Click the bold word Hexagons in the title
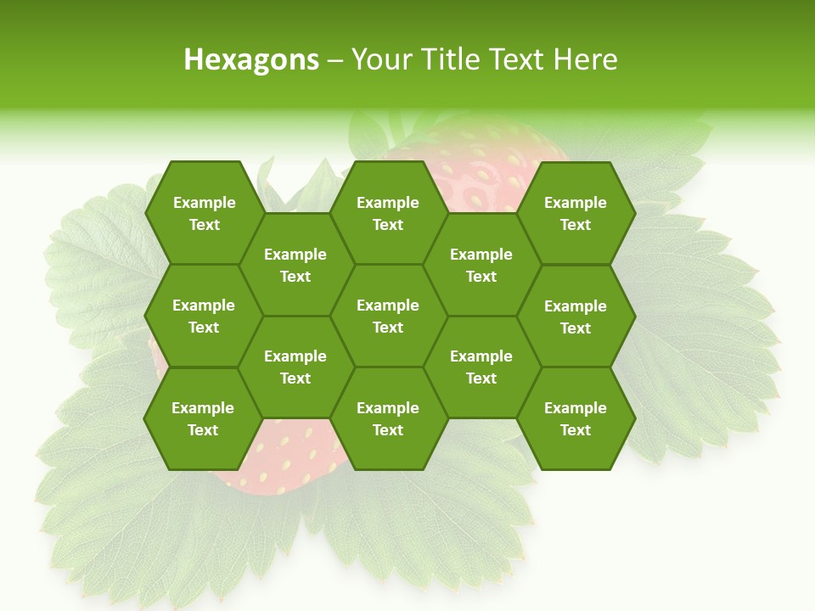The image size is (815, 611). [x=251, y=59]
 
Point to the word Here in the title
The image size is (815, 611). [x=586, y=59]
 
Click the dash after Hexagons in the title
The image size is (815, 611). [x=334, y=59]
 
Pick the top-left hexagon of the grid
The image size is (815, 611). [x=204, y=213]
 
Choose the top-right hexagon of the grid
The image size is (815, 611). [x=576, y=213]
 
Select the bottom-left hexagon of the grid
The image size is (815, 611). [x=203, y=418]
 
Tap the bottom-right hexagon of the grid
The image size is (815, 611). [x=576, y=418]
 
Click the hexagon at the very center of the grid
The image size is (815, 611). [x=388, y=316]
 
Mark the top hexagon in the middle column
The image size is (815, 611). [x=388, y=213]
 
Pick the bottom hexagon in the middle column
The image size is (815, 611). [x=388, y=418]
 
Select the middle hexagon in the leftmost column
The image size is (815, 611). [x=204, y=316]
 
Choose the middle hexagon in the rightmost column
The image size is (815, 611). [x=576, y=317]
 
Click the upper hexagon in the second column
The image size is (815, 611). [x=295, y=265]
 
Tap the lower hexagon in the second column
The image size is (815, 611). [x=295, y=367]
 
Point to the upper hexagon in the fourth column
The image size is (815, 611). [x=481, y=265]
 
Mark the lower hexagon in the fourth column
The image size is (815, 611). [x=481, y=367]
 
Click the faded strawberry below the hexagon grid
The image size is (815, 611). [x=289, y=462]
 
